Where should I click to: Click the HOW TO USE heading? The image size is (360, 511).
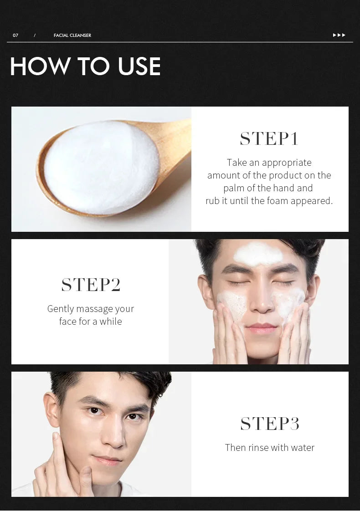[x=85, y=66]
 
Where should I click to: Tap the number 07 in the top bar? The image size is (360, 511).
[x=15, y=36]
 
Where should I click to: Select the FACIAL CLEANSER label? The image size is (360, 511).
[x=72, y=36]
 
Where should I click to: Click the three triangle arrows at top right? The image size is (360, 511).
[x=339, y=35]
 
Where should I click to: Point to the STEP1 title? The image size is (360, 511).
[x=269, y=139]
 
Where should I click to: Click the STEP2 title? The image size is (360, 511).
[x=91, y=285]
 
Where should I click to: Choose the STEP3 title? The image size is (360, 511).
[x=270, y=424]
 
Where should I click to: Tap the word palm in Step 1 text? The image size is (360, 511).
[x=233, y=188]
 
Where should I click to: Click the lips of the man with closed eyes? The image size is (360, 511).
[x=261, y=327]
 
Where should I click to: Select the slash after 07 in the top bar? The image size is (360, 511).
[x=35, y=36]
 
